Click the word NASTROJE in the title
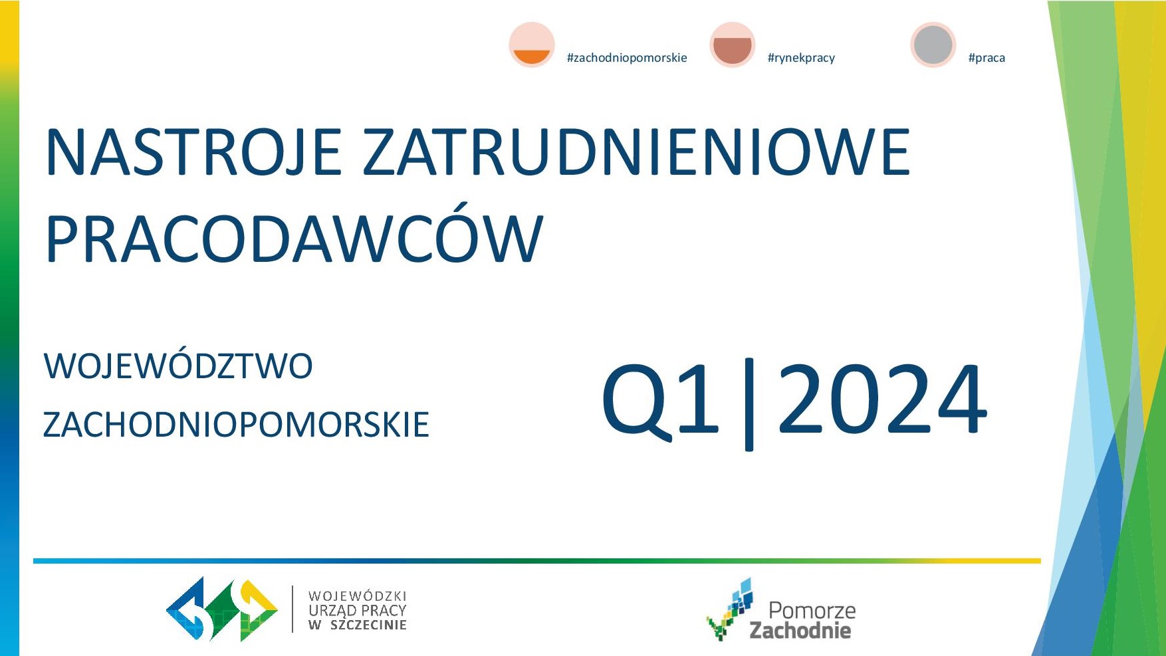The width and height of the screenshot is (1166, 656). click(x=193, y=152)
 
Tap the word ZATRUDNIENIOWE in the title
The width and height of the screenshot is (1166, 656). click(x=637, y=152)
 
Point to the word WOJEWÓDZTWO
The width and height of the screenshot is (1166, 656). click(x=178, y=366)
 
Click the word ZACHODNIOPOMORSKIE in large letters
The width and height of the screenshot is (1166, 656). click(x=236, y=424)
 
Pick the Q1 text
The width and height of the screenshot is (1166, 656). click(x=661, y=399)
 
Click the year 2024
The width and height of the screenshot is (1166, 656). click(x=882, y=399)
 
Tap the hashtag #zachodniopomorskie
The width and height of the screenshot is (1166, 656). click(x=627, y=58)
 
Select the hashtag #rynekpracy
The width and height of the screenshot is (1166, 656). click(x=801, y=58)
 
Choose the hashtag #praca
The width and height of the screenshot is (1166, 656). click(x=987, y=58)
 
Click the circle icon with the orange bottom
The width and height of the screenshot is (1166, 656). click(x=532, y=45)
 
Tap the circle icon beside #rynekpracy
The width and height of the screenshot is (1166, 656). click(x=733, y=45)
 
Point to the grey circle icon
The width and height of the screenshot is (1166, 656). click(x=933, y=45)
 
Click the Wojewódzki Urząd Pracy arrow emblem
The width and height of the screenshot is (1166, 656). click(x=221, y=609)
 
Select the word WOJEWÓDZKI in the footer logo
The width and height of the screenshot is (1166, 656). click(x=358, y=596)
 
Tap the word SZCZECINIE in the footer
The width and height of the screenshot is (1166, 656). click(x=368, y=625)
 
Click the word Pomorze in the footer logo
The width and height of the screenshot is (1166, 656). click(x=812, y=610)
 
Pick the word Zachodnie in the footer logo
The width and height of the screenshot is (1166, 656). click(x=800, y=630)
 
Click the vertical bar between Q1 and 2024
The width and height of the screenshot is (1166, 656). click(x=749, y=404)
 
